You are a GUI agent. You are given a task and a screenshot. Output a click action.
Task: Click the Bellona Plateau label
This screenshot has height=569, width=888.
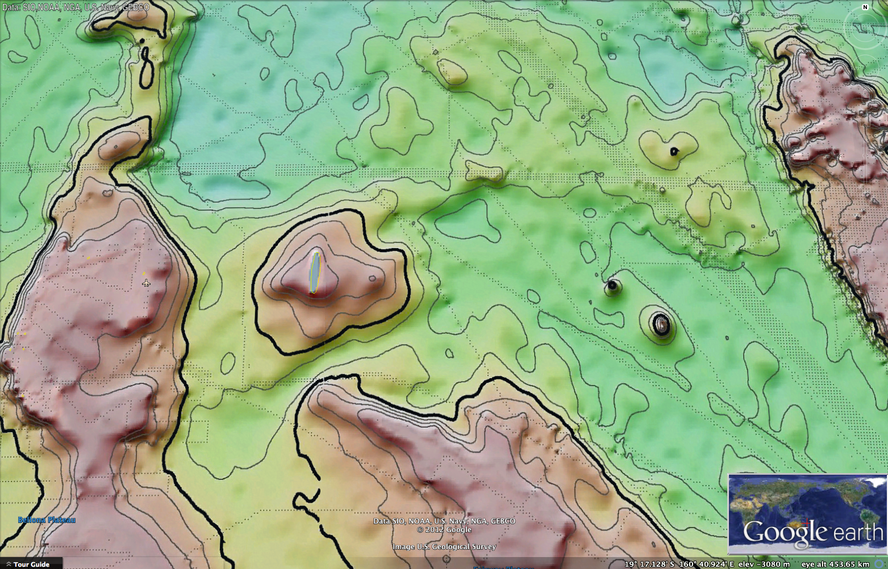tap(47, 520)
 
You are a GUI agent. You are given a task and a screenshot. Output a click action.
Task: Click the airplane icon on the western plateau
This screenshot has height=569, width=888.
tap(146, 283)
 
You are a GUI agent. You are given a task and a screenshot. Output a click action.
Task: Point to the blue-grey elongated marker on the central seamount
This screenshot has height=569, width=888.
tap(315, 273)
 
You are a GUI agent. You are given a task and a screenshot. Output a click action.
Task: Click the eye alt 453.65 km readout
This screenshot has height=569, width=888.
tap(835, 564)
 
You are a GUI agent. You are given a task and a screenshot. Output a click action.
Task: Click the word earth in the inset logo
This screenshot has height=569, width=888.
tap(858, 532)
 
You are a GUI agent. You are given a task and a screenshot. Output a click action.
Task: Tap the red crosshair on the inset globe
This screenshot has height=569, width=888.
tap(807, 521)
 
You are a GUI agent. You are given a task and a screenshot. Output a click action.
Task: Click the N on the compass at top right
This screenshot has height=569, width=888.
tap(865, 7)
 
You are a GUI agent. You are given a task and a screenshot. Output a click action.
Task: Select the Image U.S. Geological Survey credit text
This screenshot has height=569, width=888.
tap(444, 546)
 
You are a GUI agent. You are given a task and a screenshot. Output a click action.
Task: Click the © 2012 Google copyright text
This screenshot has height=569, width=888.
tap(444, 529)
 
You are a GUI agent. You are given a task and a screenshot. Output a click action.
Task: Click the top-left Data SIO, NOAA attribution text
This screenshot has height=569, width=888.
tap(76, 7)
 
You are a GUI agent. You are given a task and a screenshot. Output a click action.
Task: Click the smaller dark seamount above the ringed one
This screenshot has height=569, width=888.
tap(612, 286)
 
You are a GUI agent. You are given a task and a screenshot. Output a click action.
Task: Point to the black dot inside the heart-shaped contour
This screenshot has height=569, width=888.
tap(674, 151)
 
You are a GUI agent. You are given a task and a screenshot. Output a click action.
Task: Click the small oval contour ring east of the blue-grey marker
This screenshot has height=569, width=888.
tap(372, 278)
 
